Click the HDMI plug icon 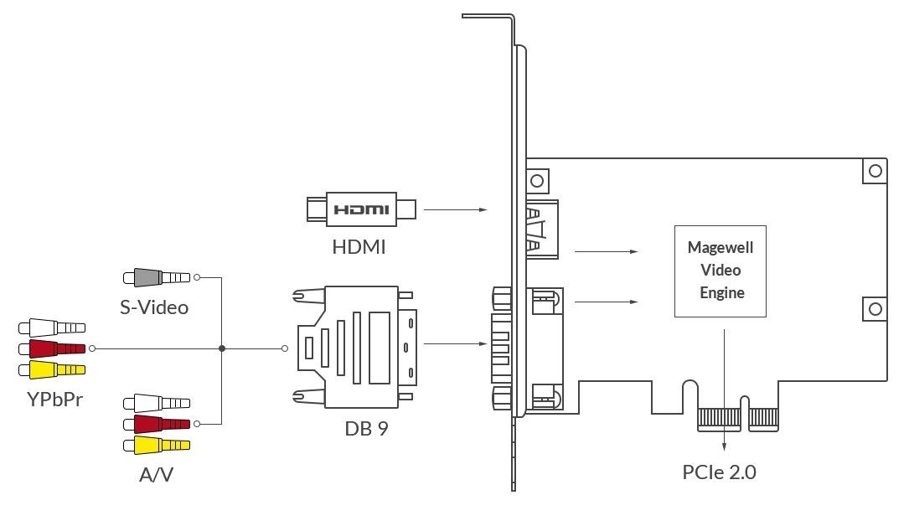[x=360, y=209]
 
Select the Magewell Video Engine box [x=720, y=271]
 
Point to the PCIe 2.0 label [x=719, y=472]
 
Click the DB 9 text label [x=366, y=429]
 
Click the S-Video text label [x=153, y=307]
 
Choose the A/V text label [x=157, y=475]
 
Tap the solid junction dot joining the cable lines [x=221, y=348]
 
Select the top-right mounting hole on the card [x=875, y=171]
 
